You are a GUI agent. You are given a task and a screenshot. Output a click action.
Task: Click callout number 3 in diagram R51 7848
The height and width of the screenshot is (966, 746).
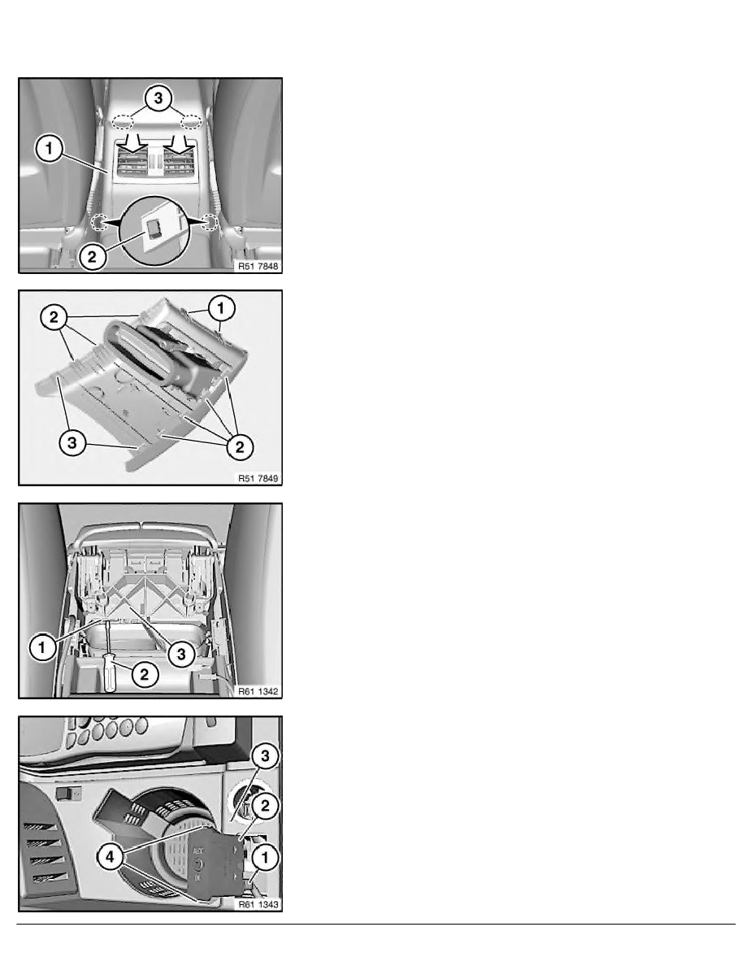(x=158, y=98)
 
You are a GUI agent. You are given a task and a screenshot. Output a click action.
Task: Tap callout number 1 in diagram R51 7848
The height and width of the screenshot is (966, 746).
(x=50, y=149)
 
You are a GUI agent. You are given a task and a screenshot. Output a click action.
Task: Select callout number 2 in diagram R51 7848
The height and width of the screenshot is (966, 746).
(x=93, y=256)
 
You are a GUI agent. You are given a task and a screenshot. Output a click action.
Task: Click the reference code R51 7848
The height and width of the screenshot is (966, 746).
(x=258, y=266)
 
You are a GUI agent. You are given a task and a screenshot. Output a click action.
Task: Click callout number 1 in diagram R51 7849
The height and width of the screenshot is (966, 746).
(x=222, y=308)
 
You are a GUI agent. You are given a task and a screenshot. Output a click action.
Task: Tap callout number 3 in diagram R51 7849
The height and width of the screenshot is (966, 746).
(x=72, y=442)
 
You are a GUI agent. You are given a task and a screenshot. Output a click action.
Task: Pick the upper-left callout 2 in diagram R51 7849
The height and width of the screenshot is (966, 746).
(x=54, y=317)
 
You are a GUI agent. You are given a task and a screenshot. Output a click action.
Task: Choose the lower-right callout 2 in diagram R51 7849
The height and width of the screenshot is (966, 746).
(x=240, y=446)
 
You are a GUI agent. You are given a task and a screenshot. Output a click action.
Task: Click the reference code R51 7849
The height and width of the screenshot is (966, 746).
(x=258, y=478)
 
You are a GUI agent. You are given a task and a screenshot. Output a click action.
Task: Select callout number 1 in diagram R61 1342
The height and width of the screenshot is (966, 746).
(x=42, y=647)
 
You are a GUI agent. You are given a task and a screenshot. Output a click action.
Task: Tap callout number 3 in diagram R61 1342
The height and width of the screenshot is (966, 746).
(x=181, y=655)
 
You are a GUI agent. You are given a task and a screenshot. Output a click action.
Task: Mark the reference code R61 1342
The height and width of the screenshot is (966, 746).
(x=258, y=691)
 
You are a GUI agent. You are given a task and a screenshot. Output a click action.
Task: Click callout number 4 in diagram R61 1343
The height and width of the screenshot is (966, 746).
(x=111, y=857)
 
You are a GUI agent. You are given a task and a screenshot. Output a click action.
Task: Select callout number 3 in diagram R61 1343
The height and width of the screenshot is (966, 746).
(x=265, y=756)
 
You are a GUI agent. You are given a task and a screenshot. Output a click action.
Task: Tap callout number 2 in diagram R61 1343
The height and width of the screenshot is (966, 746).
(x=265, y=806)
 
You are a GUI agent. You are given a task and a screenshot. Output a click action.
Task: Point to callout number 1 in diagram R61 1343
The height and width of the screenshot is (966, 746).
(x=265, y=857)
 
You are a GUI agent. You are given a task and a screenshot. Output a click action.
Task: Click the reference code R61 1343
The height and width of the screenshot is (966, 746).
(x=258, y=904)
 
